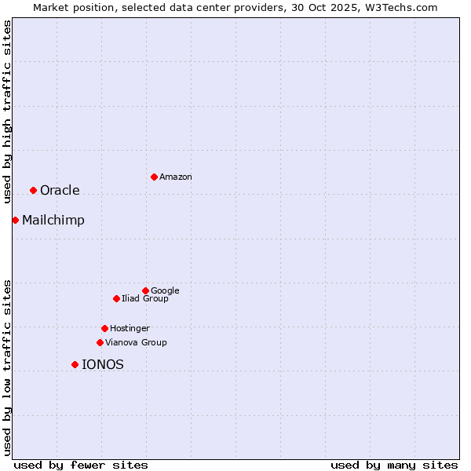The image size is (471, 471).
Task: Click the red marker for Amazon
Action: point(154,177)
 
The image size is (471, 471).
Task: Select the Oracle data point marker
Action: point(33,190)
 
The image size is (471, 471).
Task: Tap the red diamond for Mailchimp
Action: point(15,220)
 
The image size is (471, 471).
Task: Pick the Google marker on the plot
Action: point(145,290)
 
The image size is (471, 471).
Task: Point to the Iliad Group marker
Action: point(116,298)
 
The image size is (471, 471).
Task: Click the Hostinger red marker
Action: point(104,328)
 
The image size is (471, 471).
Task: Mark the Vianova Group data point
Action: point(100,342)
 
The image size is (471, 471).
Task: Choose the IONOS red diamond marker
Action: point(75,364)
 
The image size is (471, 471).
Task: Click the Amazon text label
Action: point(176,177)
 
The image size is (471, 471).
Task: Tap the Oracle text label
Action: point(60,191)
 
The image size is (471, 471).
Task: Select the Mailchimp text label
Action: point(53,221)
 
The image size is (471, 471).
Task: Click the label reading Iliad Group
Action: point(145,299)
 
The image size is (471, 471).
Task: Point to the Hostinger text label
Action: point(130,329)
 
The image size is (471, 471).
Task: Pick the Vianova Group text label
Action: point(136,343)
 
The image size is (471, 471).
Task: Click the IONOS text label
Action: point(103,365)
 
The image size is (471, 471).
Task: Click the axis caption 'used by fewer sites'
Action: point(81,465)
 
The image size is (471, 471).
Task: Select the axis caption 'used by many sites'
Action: point(394,465)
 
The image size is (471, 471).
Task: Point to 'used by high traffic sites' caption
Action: point(7,111)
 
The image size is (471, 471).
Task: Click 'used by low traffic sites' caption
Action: point(7,367)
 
